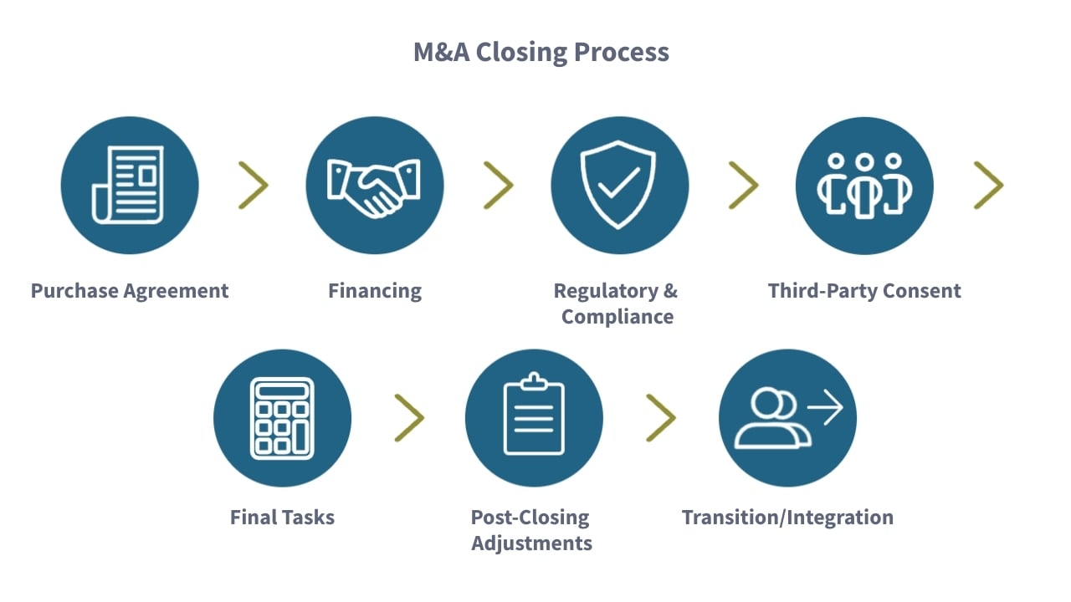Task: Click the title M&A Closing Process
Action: coord(541,52)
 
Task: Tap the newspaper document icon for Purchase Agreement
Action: coord(130,185)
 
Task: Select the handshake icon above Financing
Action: coord(375,185)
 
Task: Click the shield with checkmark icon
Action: coord(619,185)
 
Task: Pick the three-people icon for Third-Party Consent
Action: coord(863,185)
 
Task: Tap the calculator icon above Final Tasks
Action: coord(282,417)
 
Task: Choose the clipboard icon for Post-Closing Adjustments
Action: coord(534,417)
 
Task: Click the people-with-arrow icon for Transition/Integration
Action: coord(787,417)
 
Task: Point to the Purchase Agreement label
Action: coord(130,291)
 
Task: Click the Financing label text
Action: coord(375,291)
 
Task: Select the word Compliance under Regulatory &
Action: coord(617,317)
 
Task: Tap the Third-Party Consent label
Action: coord(864,291)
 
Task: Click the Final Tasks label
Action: coord(282,518)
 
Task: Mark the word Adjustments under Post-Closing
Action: coord(531,543)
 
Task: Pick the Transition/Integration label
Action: coord(787,518)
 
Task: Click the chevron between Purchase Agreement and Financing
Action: coord(254,185)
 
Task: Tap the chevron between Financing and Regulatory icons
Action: coord(499,185)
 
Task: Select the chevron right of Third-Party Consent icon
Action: coord(989,185)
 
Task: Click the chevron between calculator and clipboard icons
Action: coord(410,417)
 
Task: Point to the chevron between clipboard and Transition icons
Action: coord(661,417)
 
